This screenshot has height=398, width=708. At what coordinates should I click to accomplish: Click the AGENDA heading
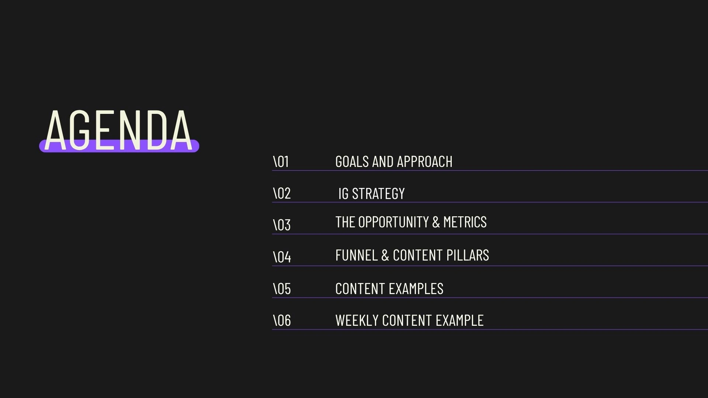point(118,130)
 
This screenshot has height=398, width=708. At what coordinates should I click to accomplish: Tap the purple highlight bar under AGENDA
point(119,146)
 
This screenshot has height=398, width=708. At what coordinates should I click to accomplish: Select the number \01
point(281,162)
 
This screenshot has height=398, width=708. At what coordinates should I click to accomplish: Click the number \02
point(282,193)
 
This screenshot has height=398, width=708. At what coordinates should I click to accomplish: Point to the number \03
point(282,225)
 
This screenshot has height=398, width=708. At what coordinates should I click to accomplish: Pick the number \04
point(282,257)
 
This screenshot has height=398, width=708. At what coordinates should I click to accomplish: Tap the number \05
point(282,289)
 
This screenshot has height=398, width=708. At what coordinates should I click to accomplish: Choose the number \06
point(282,321)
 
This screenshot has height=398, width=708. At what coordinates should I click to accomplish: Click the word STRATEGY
point(378,194)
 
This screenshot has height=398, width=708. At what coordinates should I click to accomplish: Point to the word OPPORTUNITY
point(393,222)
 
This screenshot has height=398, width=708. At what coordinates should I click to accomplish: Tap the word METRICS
point(465,222)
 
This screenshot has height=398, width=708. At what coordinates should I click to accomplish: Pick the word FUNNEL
point(357,255)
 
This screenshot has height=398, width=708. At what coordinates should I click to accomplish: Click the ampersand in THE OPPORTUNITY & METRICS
point(436,222)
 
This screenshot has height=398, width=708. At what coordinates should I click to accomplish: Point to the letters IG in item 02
point(343,194)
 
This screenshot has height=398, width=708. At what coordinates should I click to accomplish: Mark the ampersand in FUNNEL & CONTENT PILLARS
point(385,255)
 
